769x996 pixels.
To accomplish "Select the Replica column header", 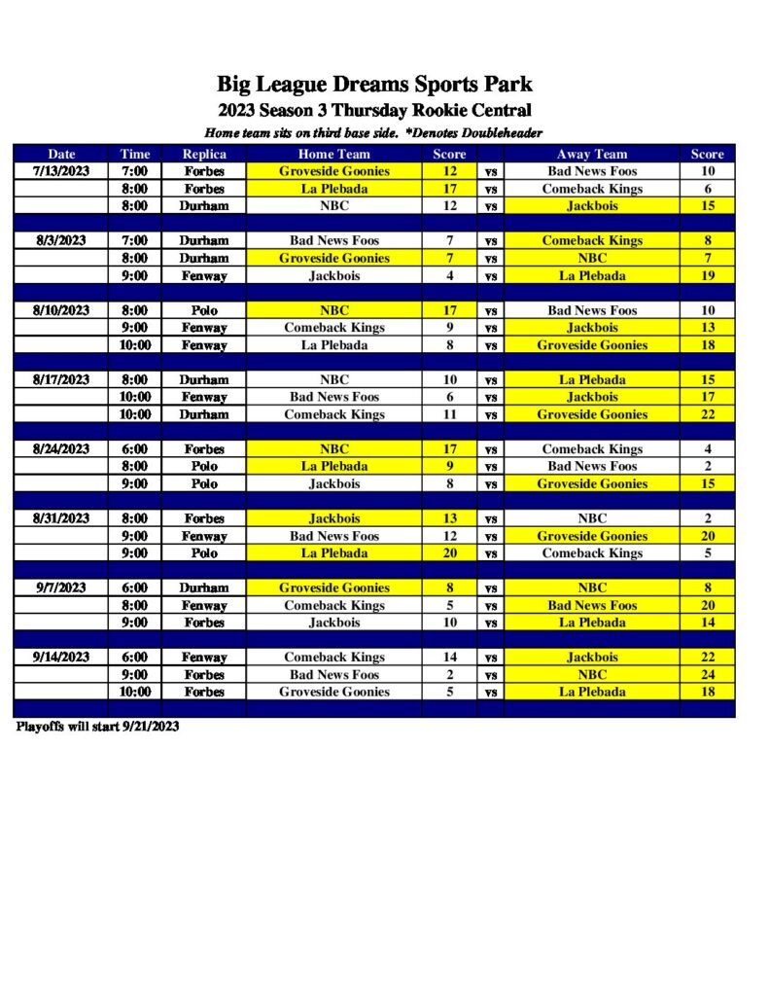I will (x=204, y=154).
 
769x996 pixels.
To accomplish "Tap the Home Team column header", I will (x=333, y=154).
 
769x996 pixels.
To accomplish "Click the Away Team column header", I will (x=592, y=154).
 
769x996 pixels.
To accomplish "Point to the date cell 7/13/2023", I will (x=61, y=171).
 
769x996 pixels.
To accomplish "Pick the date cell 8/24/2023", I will (x=61, y=449).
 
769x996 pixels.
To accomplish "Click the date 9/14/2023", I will (x=61, y=658).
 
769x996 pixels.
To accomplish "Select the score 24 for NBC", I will (x=707, y=675).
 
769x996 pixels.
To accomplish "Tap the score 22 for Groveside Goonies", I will (x=707, y=414).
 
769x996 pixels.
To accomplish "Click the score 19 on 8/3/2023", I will (x=707, y=275).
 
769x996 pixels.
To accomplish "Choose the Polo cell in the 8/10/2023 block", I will (x=204, y=310).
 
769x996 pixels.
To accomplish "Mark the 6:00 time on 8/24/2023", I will (x=135, y=449).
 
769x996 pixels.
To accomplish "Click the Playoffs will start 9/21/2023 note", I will (x=97, y=727).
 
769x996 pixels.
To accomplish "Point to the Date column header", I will (x=61, y=154).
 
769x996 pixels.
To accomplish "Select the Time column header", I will (x=135, y=154).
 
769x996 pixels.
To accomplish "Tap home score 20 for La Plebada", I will (x=449, y=553).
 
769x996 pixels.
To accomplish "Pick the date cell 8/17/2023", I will (x=61, y=379).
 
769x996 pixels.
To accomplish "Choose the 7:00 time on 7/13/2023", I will (x=135, y=171).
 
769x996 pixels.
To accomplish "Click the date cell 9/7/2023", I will (x=61, y=587).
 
